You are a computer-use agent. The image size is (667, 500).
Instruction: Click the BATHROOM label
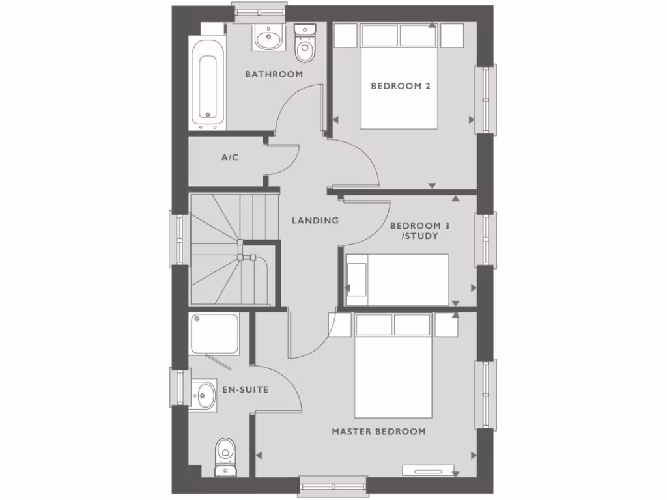tap(274, 74)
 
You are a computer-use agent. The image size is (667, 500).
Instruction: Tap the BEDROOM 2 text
tap(401, 86)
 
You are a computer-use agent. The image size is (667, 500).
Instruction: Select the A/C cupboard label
tap(230, 158)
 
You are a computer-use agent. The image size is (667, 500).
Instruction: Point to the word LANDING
tap(315, 221)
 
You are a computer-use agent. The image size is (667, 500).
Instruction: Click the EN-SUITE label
tap(246, 390)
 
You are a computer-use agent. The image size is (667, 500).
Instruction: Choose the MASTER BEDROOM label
tap(378, 432)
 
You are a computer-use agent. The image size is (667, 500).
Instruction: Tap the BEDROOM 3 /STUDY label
tap(420, 230)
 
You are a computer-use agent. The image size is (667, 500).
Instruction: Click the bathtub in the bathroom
tap(208, 83)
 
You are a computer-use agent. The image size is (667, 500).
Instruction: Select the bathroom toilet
tap(304, 42)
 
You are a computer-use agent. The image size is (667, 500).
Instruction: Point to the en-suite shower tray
tap(214, 334)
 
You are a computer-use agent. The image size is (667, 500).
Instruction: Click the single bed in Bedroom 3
tap(397, 279)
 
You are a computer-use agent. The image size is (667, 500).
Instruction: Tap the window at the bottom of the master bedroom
tap(333, 485)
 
